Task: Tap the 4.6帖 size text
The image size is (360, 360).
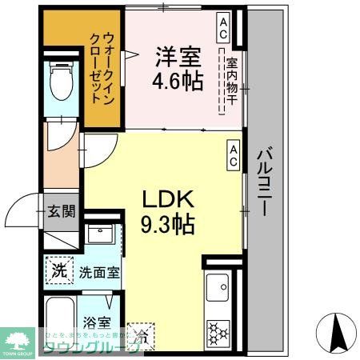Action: (178, 81)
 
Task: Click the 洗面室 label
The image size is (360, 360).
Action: (99, 271)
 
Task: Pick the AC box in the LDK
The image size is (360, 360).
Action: (233, 155)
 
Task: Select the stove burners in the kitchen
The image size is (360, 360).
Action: (218, 330)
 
